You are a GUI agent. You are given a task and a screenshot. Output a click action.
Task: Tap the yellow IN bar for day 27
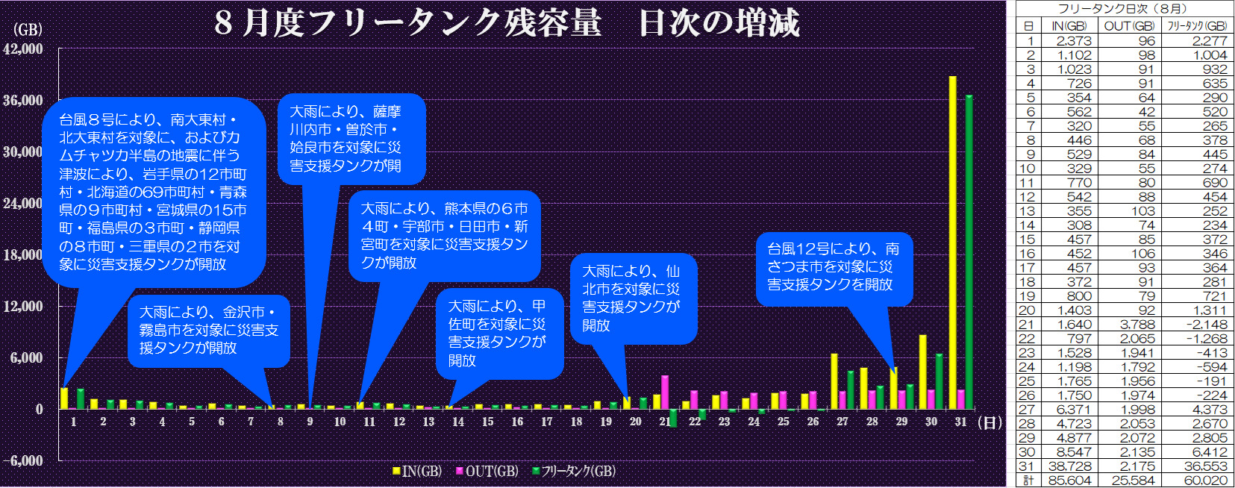[x=834, y=381]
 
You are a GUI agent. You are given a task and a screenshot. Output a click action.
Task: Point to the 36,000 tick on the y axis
[x=23, y=100]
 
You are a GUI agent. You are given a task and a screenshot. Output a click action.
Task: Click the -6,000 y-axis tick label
[x=23, y=460]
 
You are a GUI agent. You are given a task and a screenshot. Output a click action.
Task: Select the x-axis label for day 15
[x=487, y=422]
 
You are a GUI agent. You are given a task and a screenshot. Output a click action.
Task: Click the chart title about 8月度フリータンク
[x=507, y=22]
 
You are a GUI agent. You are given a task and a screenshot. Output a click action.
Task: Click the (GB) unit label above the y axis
[x=28, y=30]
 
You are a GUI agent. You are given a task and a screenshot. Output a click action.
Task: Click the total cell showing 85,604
[x=1069, y=481]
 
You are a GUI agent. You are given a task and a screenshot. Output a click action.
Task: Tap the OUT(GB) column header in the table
[x=1130, y=26]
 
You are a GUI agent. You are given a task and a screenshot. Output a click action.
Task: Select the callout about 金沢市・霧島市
[x=208, y=330]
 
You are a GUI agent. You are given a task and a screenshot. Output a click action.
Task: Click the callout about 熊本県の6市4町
[x=444, y=235]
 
